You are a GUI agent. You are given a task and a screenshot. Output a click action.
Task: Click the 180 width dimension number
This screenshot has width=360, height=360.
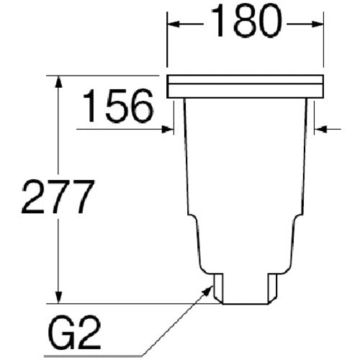pos(245,24)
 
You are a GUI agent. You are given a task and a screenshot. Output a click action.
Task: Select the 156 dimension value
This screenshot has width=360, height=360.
pos(117,107)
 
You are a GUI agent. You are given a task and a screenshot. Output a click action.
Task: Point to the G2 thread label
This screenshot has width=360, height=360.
pos(75,334)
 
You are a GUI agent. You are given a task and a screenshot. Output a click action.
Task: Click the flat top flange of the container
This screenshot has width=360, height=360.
pos(245,86)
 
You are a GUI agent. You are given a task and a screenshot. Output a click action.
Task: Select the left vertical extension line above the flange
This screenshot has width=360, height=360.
pos(167,43)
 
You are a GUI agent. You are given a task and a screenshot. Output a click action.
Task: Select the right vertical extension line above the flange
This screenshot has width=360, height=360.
pos(323,43)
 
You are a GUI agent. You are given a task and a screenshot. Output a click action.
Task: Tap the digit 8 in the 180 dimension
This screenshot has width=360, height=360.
pos(245,24)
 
